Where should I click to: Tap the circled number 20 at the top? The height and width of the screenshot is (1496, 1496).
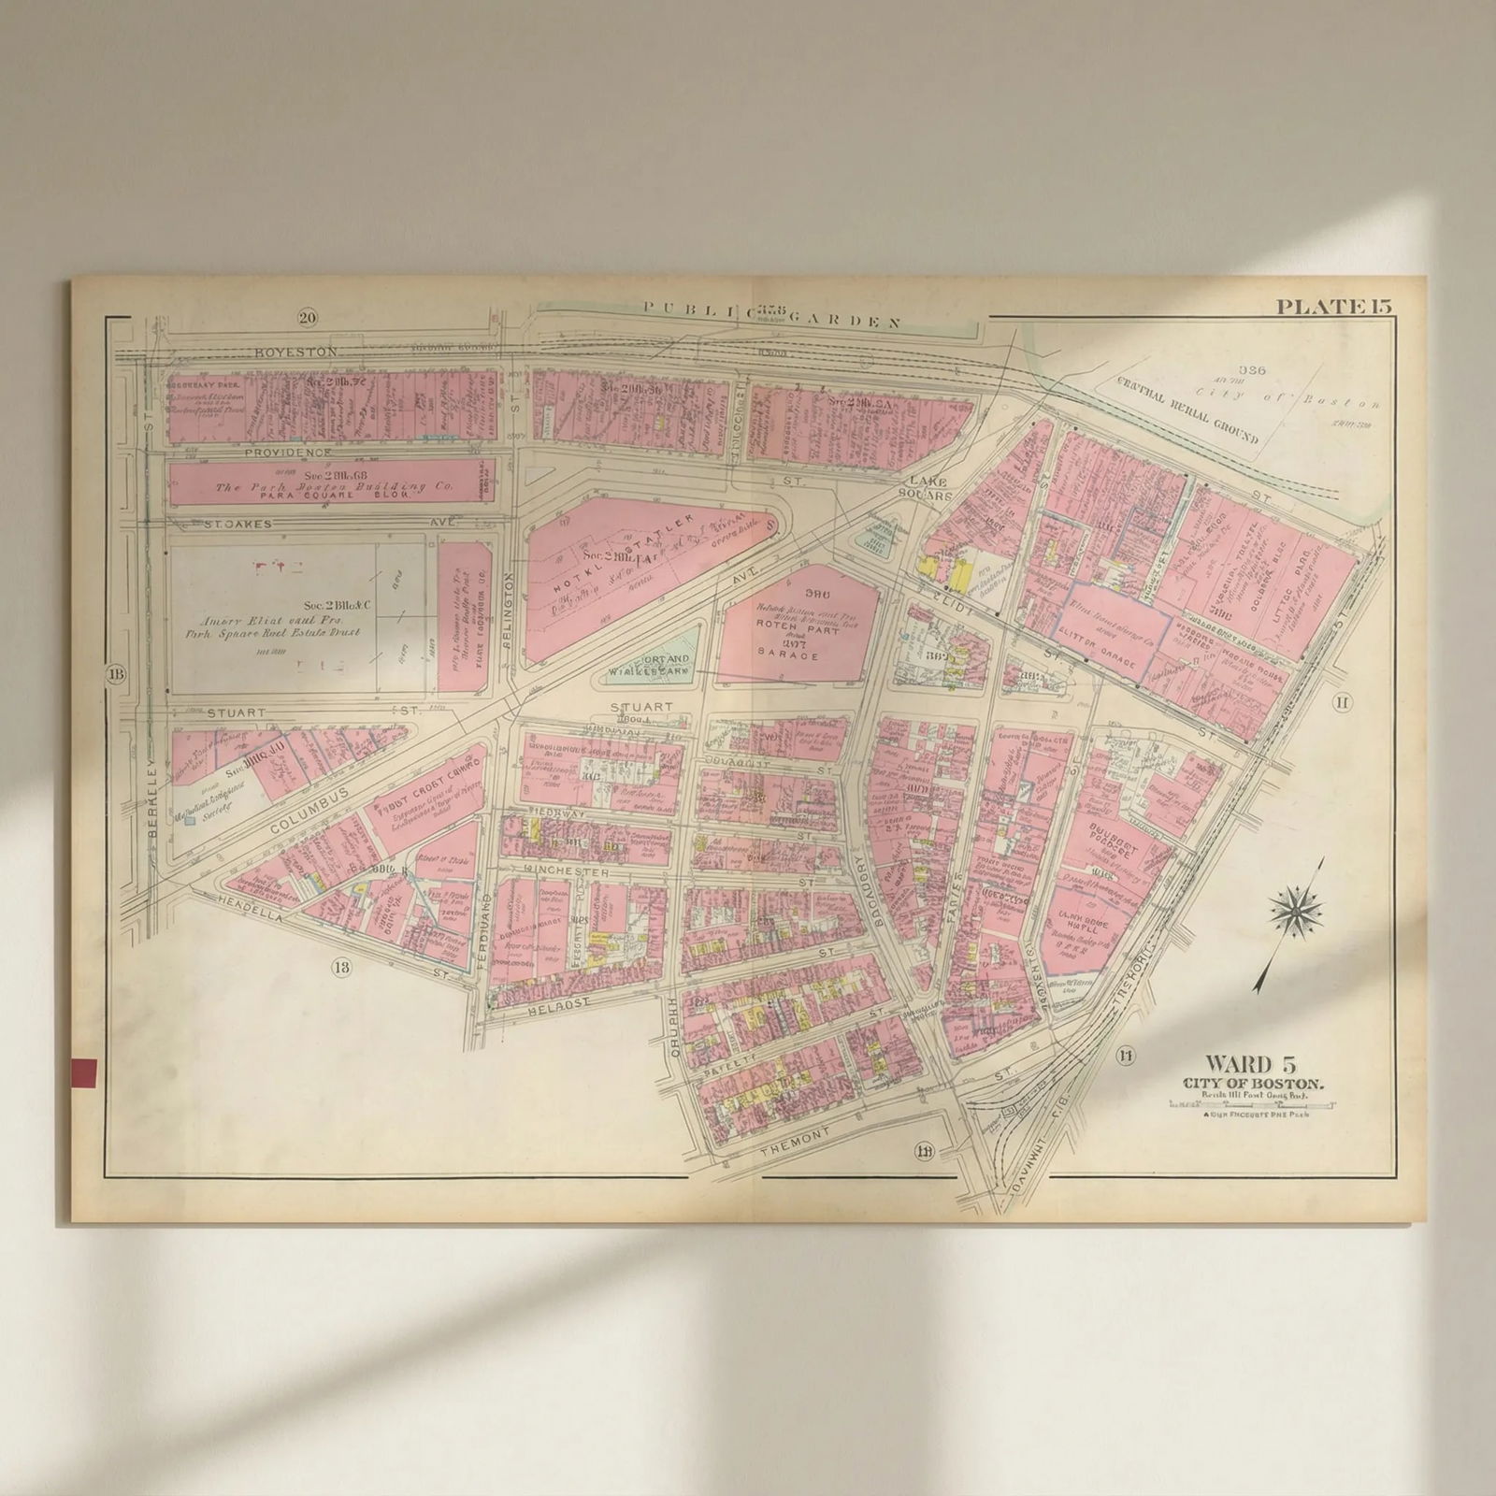307,318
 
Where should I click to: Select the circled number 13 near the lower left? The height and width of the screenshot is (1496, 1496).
340,967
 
